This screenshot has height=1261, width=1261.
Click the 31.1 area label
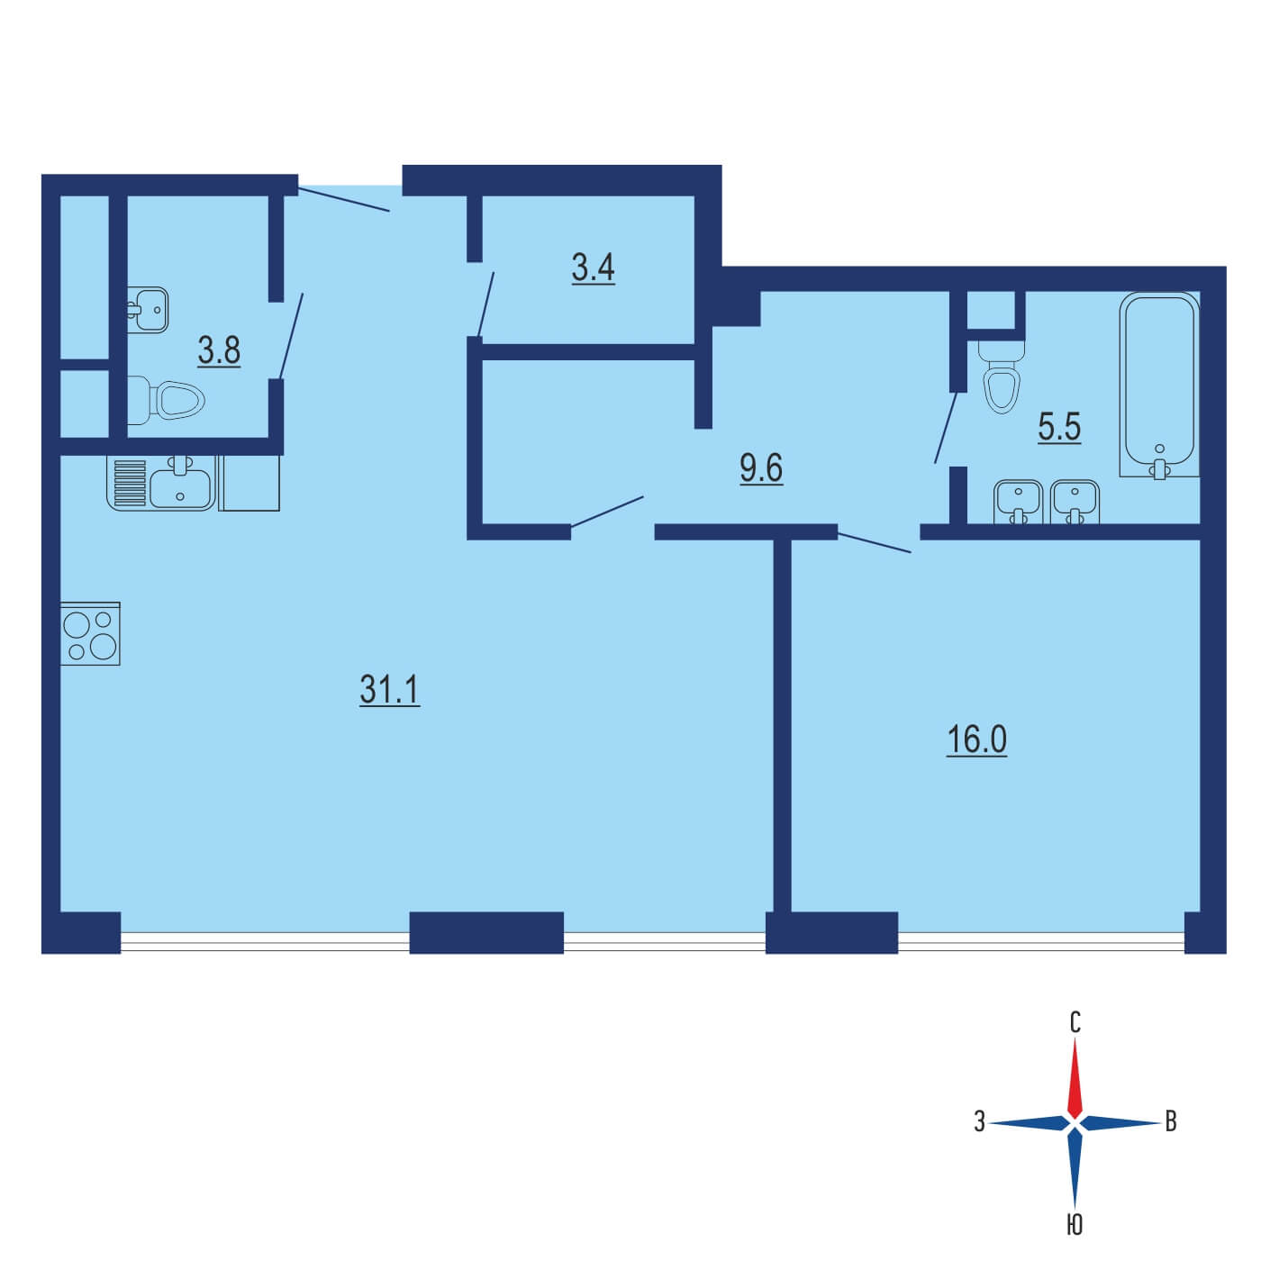coord(389,690)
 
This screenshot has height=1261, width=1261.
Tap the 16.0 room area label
coord(976,740)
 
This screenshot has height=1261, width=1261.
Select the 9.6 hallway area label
coord(761,467)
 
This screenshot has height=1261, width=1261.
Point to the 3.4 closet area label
coord(593,268)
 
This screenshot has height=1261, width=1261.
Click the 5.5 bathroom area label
coord(1059,427)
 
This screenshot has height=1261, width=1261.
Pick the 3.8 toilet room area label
coord(219,350)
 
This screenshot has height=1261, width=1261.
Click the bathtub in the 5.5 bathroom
coord(1159,385)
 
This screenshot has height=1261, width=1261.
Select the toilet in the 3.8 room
coord(166,398)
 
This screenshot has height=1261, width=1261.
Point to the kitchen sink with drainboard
coord(161,483)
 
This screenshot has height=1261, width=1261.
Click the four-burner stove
coord(90,633)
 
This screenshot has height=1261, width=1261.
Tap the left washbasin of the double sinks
coord(1018,503)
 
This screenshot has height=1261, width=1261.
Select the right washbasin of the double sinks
coord(1075,503)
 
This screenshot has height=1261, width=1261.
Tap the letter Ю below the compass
coord(1075,1224)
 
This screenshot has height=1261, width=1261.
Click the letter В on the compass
coord(1171,1121)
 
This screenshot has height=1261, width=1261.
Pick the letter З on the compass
coord(980,1121)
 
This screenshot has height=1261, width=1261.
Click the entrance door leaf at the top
coord(344,200)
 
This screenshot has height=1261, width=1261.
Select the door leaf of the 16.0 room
coord(875,543)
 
